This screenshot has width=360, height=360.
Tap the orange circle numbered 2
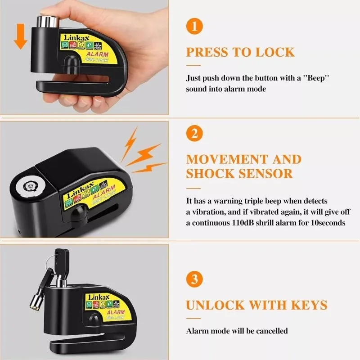click(194, 134)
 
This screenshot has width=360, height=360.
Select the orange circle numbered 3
click(194, 279)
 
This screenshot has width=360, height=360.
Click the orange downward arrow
click(20, 38)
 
